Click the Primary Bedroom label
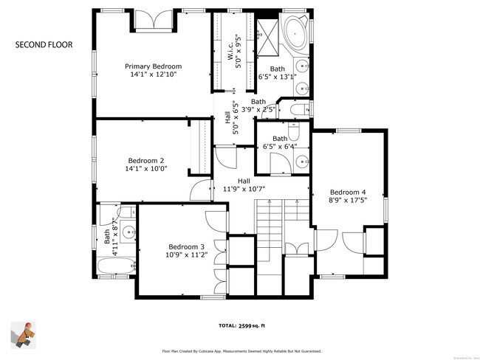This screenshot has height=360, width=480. tap(153, 66)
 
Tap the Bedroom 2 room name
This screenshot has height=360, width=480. tap(146, 160)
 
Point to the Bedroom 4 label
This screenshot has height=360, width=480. tap(348, 192)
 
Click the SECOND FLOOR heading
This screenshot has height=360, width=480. tap(44, 45)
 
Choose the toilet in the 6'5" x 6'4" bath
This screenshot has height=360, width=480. tap(294, 131)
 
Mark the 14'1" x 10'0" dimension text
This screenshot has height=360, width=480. tap(147, 168)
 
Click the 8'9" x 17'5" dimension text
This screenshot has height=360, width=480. tap(348, 200)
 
